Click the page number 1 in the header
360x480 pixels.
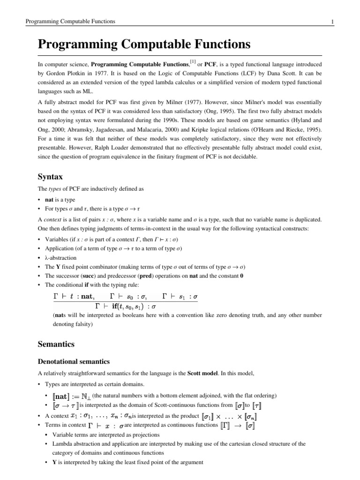(332, 22)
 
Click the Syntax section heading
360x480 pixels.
(51, 177)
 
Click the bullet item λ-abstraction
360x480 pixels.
(60, 258)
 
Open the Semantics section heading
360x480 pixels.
(56, 344)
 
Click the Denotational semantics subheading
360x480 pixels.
(74, 361)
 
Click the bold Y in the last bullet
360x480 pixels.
(55, 462)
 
